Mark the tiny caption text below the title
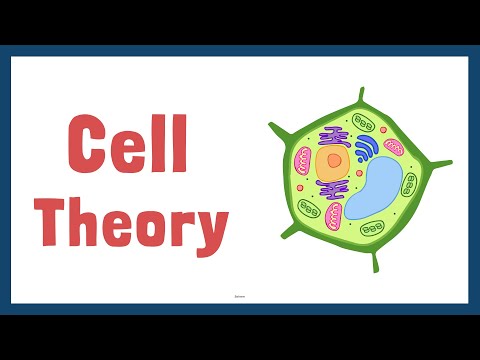tap(240, 296)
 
